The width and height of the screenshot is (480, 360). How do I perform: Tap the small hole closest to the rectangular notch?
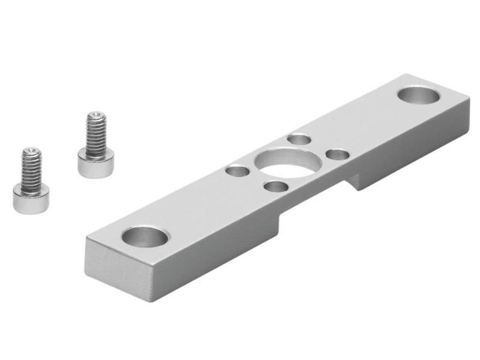click(275, 186)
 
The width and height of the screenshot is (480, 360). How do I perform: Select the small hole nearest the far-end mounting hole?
click(338, 155)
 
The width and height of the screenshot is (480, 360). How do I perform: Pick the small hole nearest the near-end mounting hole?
click(238, 172)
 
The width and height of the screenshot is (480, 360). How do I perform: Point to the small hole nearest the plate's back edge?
click(299, 140)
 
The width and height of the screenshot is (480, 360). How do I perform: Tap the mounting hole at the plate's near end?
click(145, 236)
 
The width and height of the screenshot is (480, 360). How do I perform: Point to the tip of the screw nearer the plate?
click(95, 114)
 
